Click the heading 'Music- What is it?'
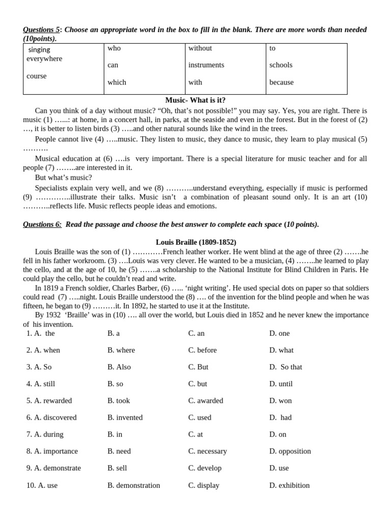pos(195,100)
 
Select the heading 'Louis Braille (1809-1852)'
pos(195,242)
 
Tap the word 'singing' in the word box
pos(39,49)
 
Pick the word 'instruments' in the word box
pos(206,65)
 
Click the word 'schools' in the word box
pos(281,65)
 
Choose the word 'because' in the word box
pos(281,82)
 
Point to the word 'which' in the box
pos(117,82)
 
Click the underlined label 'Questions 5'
pos(41,30)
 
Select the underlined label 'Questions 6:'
pos(42,224)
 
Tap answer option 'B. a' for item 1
pos(114,333)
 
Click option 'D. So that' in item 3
pos(286,367)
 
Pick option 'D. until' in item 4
pos(281,384)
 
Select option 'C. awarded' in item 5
pos(206,400)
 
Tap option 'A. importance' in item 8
pos(52,451)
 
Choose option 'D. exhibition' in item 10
pos(289,485)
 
